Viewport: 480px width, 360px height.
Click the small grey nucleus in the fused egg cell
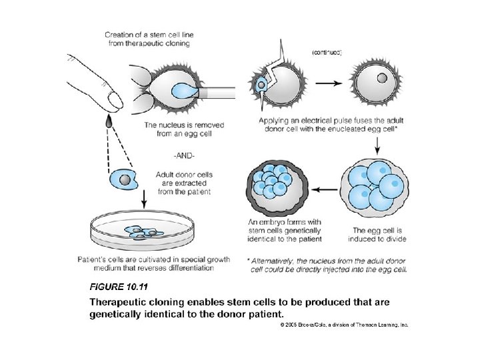(381, 78)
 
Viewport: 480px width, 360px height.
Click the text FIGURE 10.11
(119, 287)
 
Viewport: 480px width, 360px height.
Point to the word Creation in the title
(122, 35)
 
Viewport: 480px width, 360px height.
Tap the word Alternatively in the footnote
(278, 261)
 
